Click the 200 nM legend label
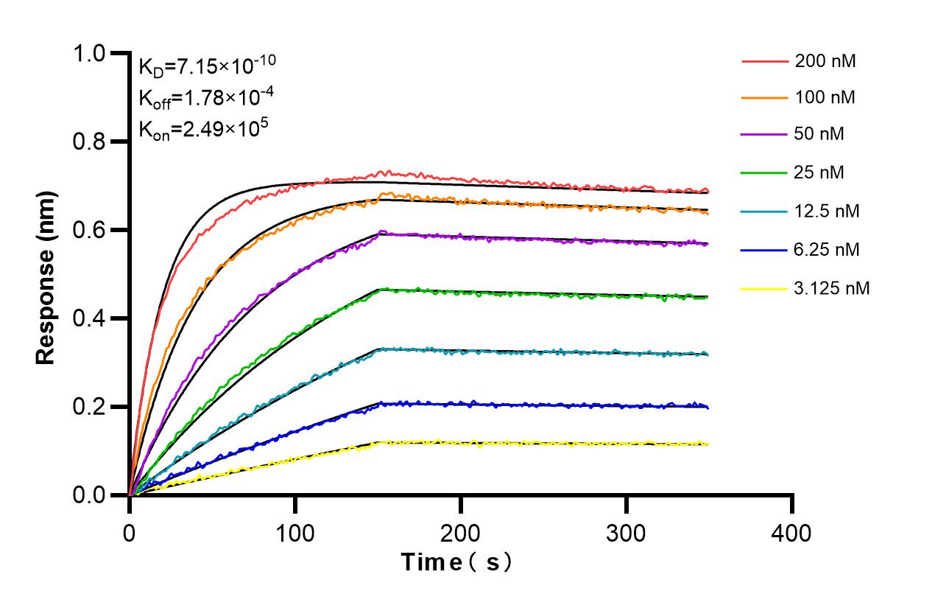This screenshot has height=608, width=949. coord(825,62)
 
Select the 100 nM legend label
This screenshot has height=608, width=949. coord(825,97)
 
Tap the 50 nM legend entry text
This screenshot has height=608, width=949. coord(820,135)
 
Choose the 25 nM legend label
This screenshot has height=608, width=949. coord(820,172)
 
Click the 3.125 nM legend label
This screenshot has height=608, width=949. coord(832,288)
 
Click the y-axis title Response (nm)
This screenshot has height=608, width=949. coord(46,274)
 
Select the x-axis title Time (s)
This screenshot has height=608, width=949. coord(456,562)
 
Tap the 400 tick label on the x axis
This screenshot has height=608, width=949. coord(792,532)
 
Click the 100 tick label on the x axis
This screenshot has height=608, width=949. coord(295,532)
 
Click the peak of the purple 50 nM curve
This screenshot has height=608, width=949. coord(381,233)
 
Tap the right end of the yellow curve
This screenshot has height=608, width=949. coord(708,444)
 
